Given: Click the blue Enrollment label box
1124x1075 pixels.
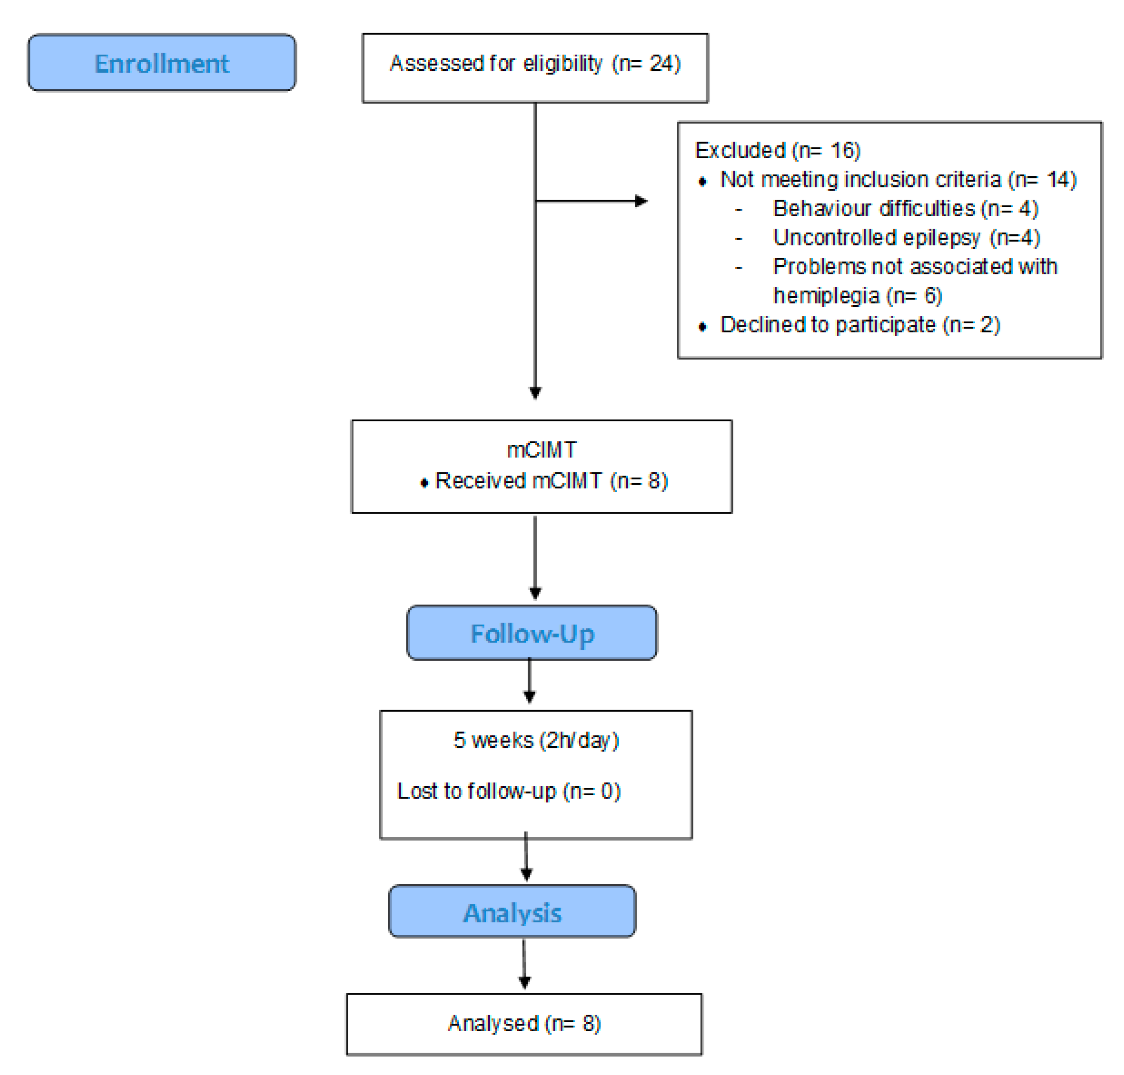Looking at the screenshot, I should click(162, 62).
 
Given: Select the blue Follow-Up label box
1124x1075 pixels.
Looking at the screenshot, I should click(531, 633).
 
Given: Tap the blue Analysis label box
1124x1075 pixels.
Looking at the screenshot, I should click(511, 912).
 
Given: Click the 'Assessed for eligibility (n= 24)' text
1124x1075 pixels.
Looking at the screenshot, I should click(535, 63).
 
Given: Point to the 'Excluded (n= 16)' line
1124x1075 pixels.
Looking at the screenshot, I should click(777, 150).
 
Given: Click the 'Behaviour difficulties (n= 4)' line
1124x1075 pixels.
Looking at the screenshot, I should click(905, 208).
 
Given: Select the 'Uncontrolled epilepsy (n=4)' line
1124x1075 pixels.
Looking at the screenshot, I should click(906, 237).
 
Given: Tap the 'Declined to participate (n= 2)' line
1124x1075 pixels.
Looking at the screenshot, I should click(860, 325).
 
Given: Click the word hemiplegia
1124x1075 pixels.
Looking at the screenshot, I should click(826, 296).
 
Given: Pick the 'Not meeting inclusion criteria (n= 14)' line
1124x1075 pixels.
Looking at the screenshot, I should click(897, 179).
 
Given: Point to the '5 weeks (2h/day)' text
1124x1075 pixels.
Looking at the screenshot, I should click(536, 740).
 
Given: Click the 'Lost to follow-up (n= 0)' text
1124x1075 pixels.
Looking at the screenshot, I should click(508, 791).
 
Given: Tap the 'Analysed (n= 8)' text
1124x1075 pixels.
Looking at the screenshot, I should click(524, 1023).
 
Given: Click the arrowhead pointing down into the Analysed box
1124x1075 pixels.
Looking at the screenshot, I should click(524, 983).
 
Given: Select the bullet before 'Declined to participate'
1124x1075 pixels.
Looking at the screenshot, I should click(702, 327).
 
